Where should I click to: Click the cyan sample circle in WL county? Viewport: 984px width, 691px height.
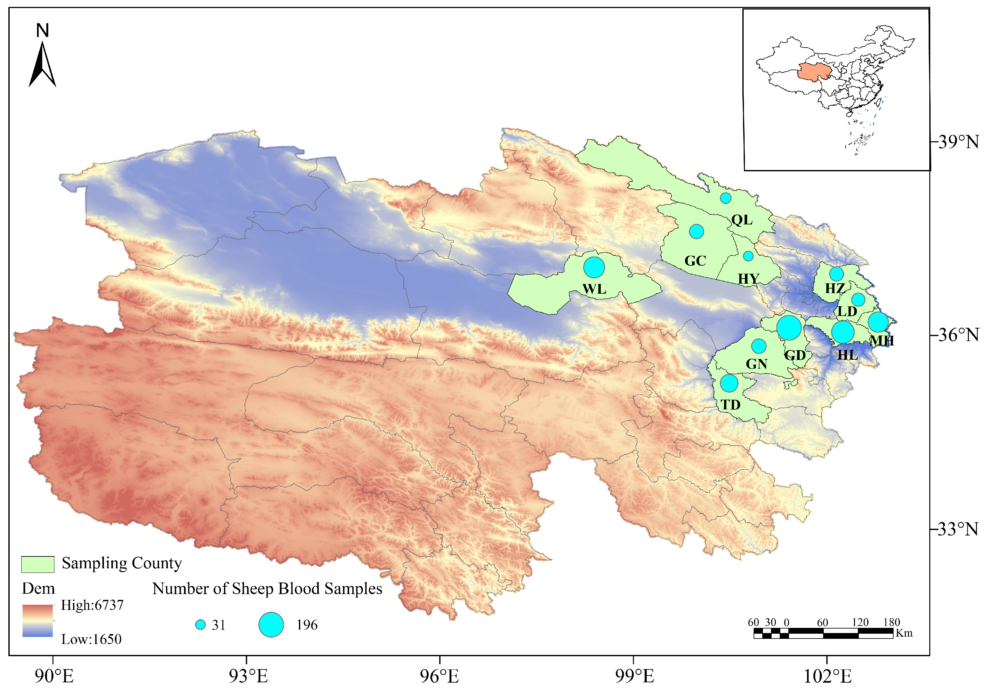[x=594, y=268]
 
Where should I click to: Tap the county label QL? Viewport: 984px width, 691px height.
[x=741, y=220]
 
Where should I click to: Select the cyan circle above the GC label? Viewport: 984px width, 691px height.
[x=696, y=232]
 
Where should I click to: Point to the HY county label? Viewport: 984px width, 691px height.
[x=748, y=279]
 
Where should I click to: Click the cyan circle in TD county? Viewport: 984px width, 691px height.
[x=729, y=383]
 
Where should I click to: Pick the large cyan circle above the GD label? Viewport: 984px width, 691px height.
[x=789, y=328]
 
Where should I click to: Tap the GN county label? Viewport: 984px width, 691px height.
[x=757, y=364]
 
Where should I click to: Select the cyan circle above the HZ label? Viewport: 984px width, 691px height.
[x=836, y=274]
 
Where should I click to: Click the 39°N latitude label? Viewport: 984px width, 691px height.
[x=958, y=142]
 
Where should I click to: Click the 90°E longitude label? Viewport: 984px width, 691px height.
[x=54, y=677]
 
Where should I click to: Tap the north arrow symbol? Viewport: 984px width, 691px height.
[x=42, y=64]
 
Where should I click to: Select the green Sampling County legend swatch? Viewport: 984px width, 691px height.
[x=38, y=564]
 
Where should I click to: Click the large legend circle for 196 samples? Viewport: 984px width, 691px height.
[x=271, y=625]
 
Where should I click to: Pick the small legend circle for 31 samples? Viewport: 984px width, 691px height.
[x=200, y=625]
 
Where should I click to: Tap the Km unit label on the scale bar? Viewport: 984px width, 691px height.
[x=904, y=633]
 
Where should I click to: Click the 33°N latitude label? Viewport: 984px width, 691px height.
[x=958, y=529]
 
